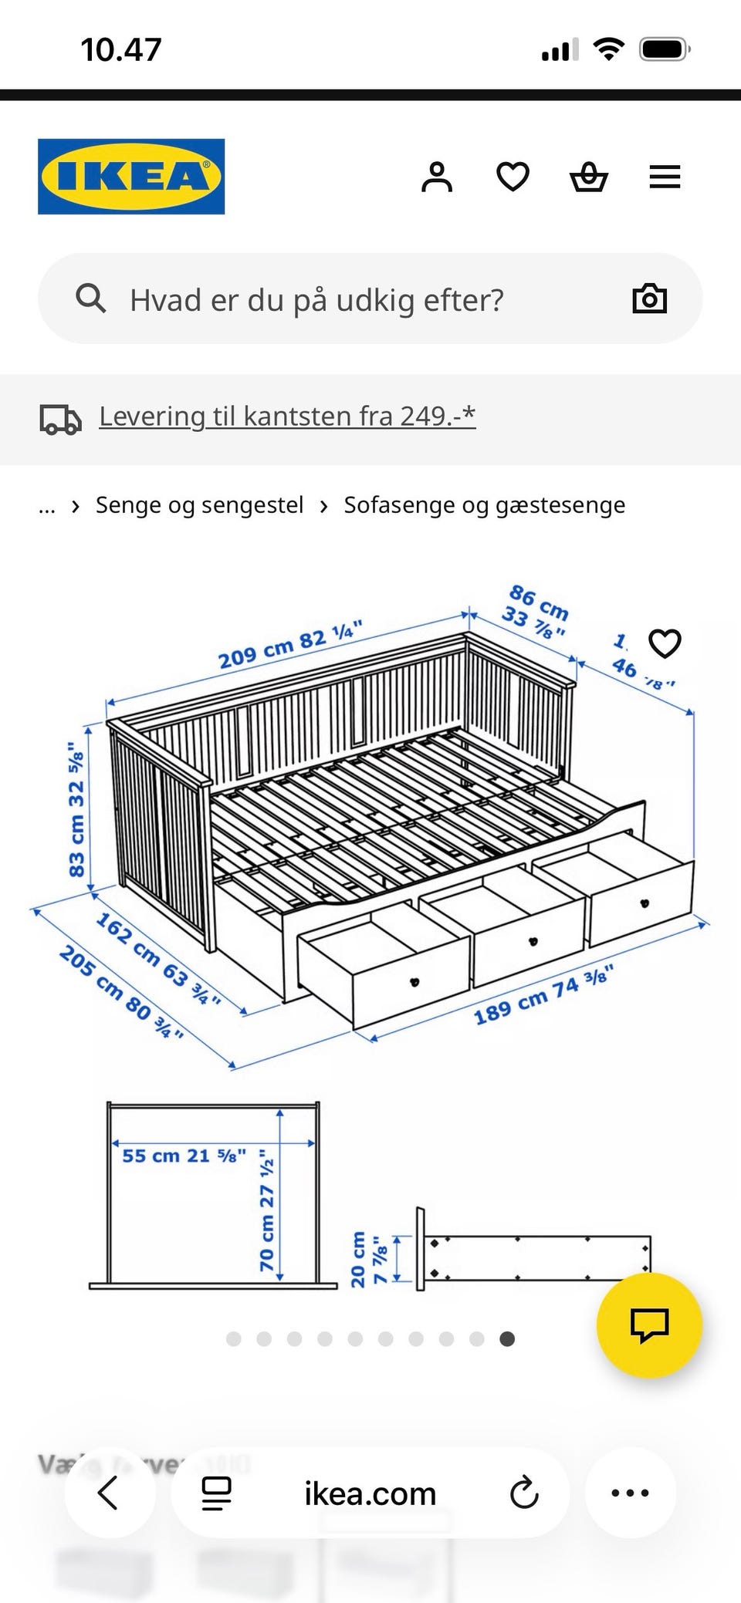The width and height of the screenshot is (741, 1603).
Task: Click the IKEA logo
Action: coord(131,177)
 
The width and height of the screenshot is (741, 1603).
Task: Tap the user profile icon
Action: coord(437,177)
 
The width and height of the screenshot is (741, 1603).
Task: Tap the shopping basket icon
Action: coord(589,177)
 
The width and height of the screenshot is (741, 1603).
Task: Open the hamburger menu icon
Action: coord(665,177)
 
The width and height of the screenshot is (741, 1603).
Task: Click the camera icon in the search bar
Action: coord(649,299)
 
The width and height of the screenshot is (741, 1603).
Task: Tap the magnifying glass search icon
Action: coord(90,299)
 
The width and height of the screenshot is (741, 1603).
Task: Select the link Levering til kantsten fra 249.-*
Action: coord(287,417)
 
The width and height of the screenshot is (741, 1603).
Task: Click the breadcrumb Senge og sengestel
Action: coord(199,505)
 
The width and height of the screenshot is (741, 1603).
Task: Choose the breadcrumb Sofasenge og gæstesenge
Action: coord(485,505)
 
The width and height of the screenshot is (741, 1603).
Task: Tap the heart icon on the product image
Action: coord(665,643)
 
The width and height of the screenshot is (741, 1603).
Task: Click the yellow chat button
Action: coord(649,1325)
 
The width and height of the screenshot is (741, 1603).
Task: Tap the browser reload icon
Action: coord(524,1493)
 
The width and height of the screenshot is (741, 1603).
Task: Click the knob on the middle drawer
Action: coord(532,941)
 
